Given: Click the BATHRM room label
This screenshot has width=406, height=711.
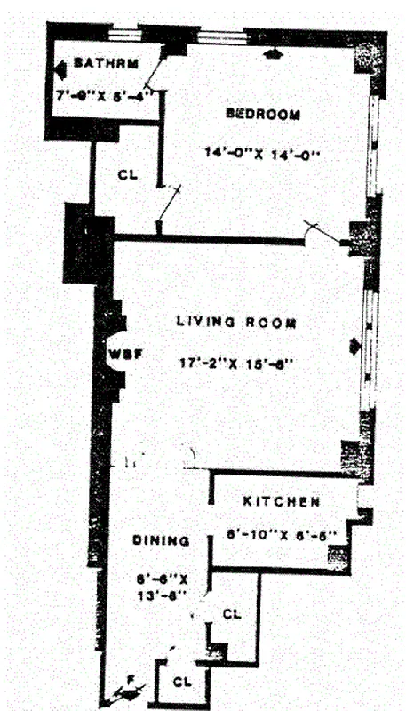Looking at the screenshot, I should [106, 64].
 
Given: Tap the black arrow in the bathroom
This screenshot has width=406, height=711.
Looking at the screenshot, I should [60, 67].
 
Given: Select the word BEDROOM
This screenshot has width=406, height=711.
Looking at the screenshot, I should [262, 115].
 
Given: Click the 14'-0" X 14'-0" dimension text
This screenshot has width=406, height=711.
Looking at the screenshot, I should [261, 152].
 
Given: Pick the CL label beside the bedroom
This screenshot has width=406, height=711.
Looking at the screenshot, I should [129, 174].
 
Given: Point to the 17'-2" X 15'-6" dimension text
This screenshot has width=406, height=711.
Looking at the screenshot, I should [235, 362].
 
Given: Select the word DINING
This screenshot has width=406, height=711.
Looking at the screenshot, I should [161, 540].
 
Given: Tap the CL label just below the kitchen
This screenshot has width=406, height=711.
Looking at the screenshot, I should [231, 613].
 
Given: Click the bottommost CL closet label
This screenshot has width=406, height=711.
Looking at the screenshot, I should [182, 682].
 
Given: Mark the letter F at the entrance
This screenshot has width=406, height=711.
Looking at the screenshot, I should [130, 681].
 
